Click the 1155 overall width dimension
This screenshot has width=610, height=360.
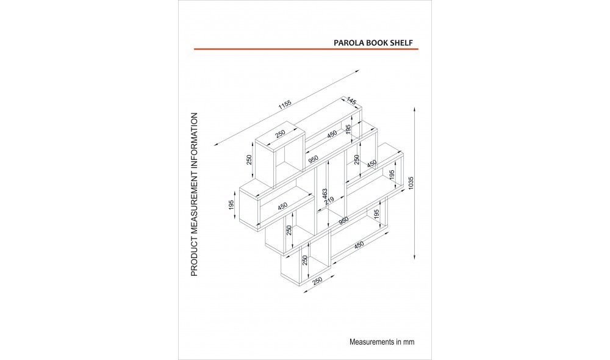(x=285, y=104)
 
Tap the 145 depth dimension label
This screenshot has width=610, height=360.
(x=351, y=101)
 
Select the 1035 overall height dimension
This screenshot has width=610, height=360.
(x=411, y=183)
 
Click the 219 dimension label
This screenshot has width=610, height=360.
(x=329, y=201)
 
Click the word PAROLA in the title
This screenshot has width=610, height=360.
(x=349, y=43)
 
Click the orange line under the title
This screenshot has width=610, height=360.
(x=306, y=49)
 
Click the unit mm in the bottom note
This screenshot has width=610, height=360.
(x=409, y=342)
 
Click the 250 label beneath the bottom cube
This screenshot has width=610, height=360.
(x=318, y=281)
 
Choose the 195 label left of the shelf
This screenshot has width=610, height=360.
(x=231, y=205)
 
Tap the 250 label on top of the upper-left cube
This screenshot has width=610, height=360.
(x=280, y=134)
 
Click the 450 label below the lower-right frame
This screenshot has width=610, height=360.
(x=359, y=245)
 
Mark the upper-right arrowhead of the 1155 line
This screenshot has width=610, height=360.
(x=356, y=71)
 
